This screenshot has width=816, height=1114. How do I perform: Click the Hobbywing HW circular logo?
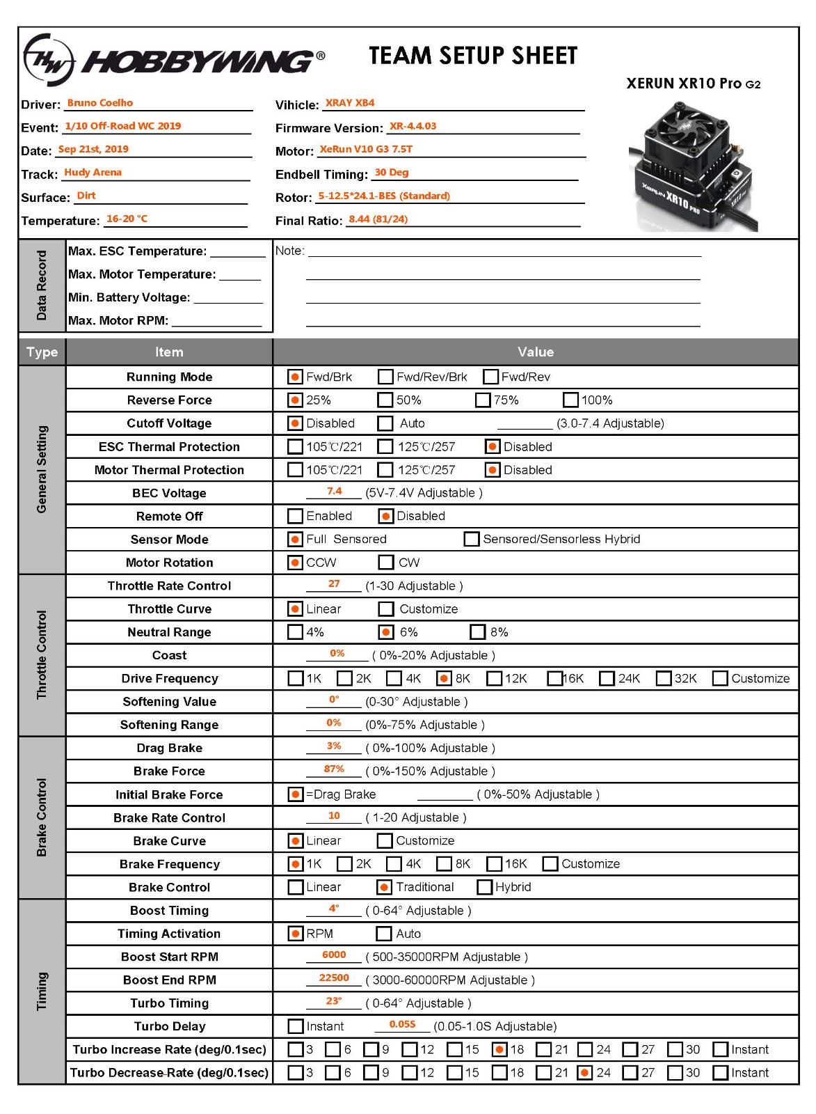pos(49,61)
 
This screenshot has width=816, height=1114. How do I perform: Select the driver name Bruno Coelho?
pos(100,103)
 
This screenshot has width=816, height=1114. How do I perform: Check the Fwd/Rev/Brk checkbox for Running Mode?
pos(385,377)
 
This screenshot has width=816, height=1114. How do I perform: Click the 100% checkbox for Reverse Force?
pos(570,400)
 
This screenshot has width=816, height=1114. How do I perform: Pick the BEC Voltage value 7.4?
pos(334,491)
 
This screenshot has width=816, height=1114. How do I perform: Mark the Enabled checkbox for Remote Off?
pos(295,516)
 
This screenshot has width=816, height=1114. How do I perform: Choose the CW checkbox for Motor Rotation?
pos(385,563)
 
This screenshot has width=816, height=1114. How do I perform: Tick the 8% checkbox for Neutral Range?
pos(478,632)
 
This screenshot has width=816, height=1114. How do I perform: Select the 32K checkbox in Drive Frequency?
pos(664,678)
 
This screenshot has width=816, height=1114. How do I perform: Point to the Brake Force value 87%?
pos(334,769)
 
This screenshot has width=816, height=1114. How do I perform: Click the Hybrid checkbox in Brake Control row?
pos(485,887)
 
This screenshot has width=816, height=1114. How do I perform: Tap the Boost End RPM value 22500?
pos(334,978)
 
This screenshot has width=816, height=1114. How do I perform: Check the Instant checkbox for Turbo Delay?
pos(295,1026)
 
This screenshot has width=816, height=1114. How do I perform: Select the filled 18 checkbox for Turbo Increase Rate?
pos(499,1049)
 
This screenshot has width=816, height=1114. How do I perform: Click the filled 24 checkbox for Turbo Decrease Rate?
pos(585,1072)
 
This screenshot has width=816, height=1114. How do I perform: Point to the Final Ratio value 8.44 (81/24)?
pos(378,219)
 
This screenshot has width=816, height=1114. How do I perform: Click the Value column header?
pos(535,352)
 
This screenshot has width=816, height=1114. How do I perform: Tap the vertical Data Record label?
pos(42,285)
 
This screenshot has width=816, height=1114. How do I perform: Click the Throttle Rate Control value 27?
pos(334,583)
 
